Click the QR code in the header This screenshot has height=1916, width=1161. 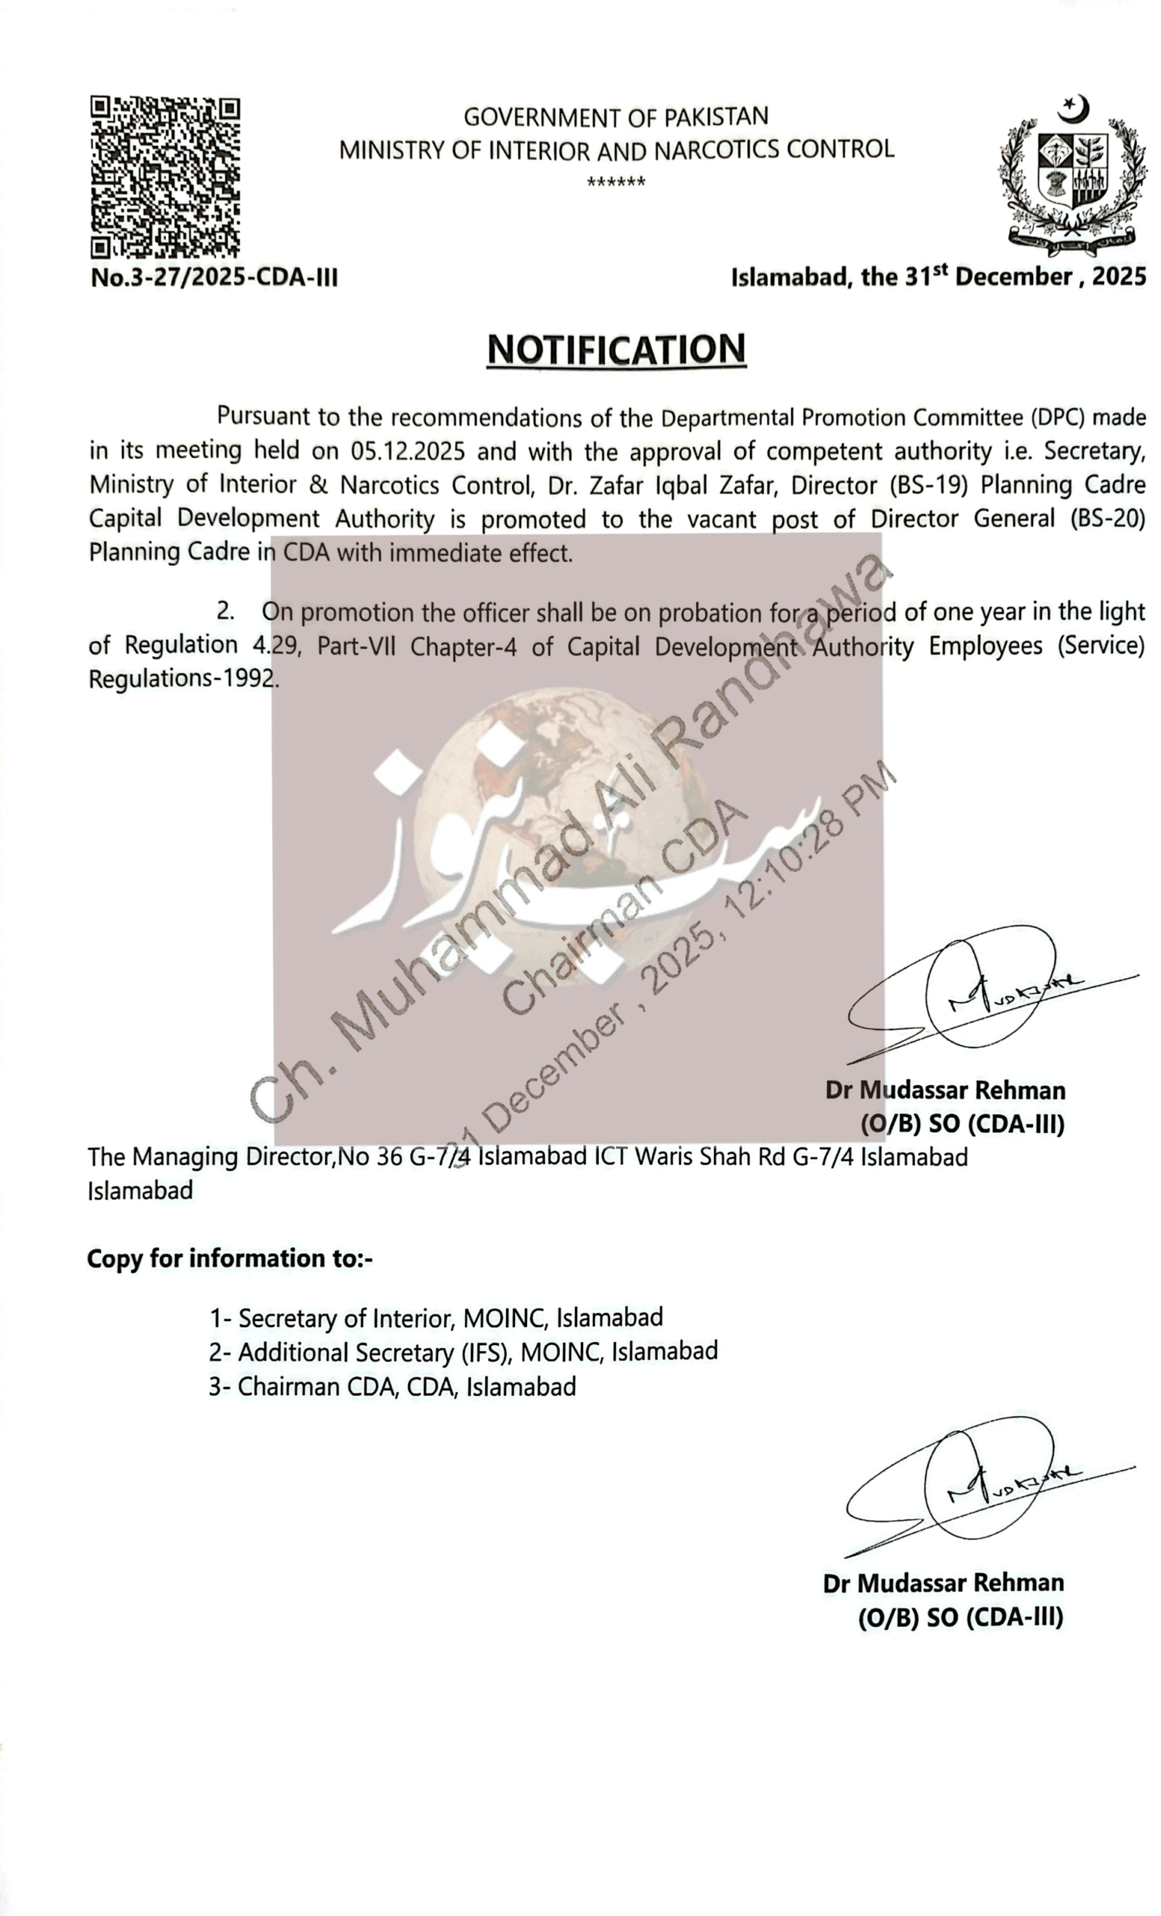[x=165, y=177]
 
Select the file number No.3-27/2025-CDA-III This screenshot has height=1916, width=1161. [x=215, y=278]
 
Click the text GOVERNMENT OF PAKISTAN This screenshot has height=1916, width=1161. [x=616, y=117]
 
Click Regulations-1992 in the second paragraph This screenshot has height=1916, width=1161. [x=183, y=679]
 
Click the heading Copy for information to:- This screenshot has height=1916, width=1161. [x=229, y=1258]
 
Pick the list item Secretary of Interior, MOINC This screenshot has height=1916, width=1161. [x=436, y=1318]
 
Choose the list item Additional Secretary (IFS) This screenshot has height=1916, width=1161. [x=463, y=1352]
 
